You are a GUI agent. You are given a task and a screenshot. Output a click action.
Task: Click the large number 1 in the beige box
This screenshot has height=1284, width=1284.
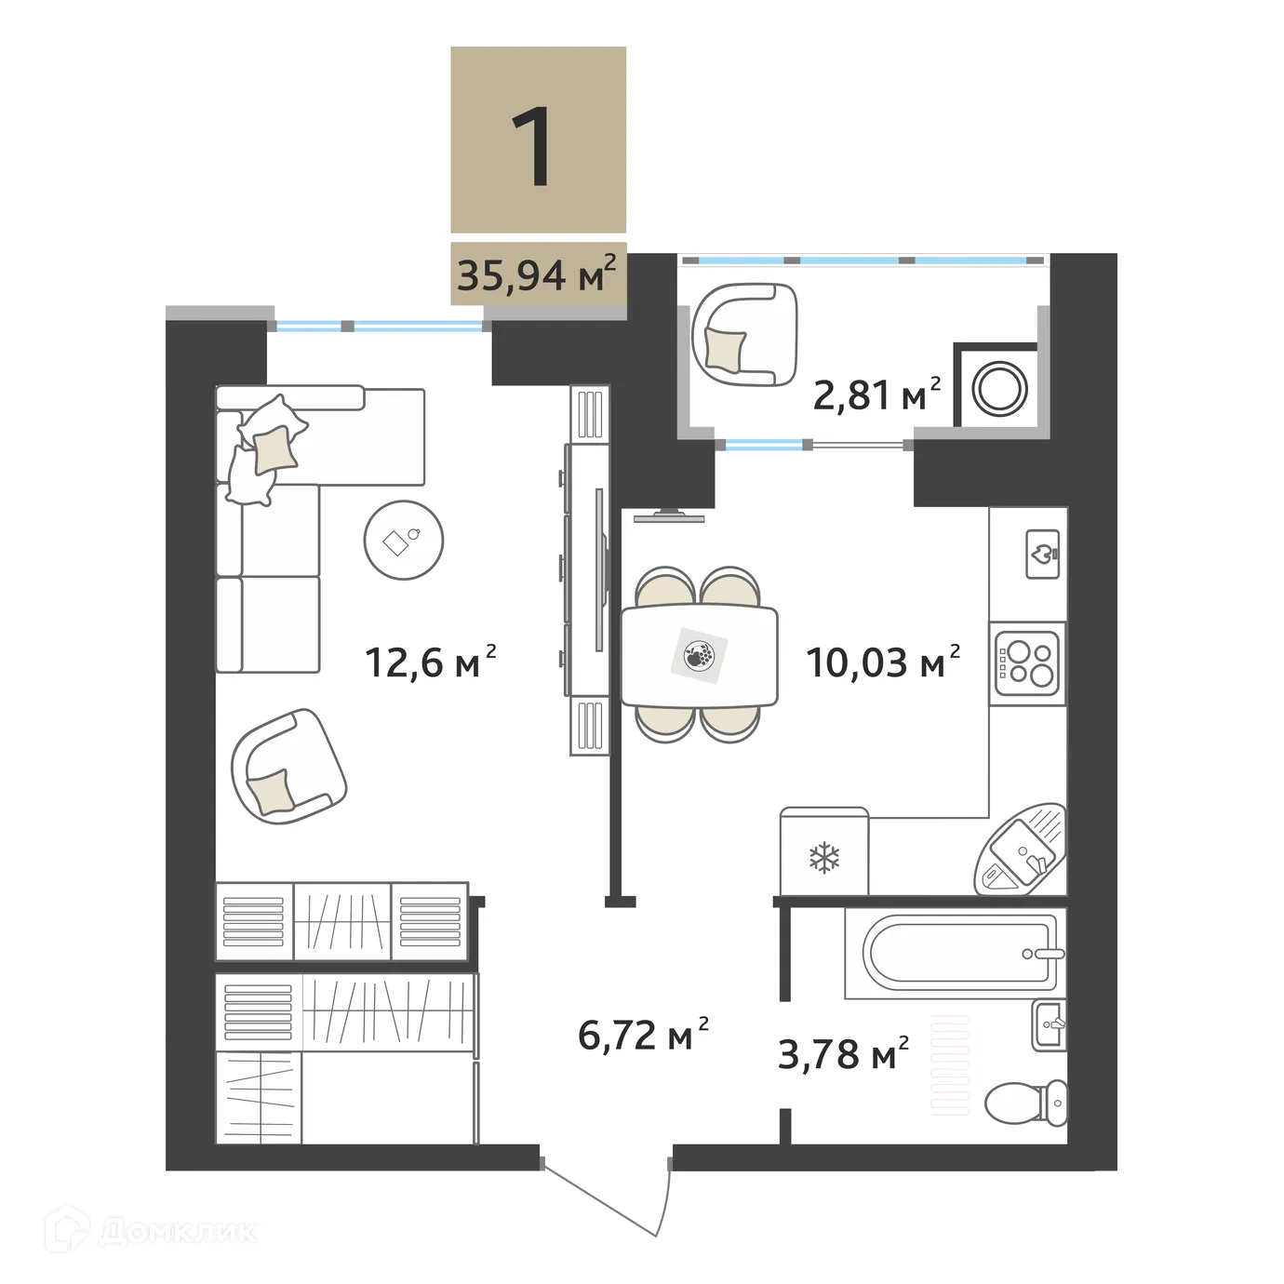pyautogui.click(x=537, y=146)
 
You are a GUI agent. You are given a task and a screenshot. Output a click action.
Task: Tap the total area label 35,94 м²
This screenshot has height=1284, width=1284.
pyautogui.click(x=536, y=274)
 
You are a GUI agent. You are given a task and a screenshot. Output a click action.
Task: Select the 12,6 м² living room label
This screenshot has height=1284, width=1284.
pyautogui.click(x=430, y=662)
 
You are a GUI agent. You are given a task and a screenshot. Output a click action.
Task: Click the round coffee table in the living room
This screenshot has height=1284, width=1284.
pyautogui.click(x=403, y=540)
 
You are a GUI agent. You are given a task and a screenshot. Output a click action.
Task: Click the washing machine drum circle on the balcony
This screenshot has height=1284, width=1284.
pyautogui.click(x=999, y=388)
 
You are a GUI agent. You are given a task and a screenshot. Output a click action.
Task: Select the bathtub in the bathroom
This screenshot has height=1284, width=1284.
pyautogui.click(x=958, y=952)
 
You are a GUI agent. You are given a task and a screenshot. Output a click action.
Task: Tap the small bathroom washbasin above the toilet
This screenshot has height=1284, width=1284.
pyautogui.click(x=1050, y=1024)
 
